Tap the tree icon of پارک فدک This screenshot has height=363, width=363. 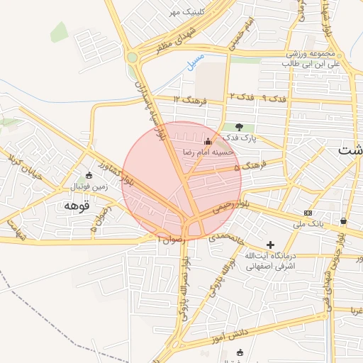coord(239,126)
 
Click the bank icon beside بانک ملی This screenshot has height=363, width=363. coord(308,213)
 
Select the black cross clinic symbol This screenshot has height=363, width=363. coord(270,244)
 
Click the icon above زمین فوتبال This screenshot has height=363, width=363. coord(88,174)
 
